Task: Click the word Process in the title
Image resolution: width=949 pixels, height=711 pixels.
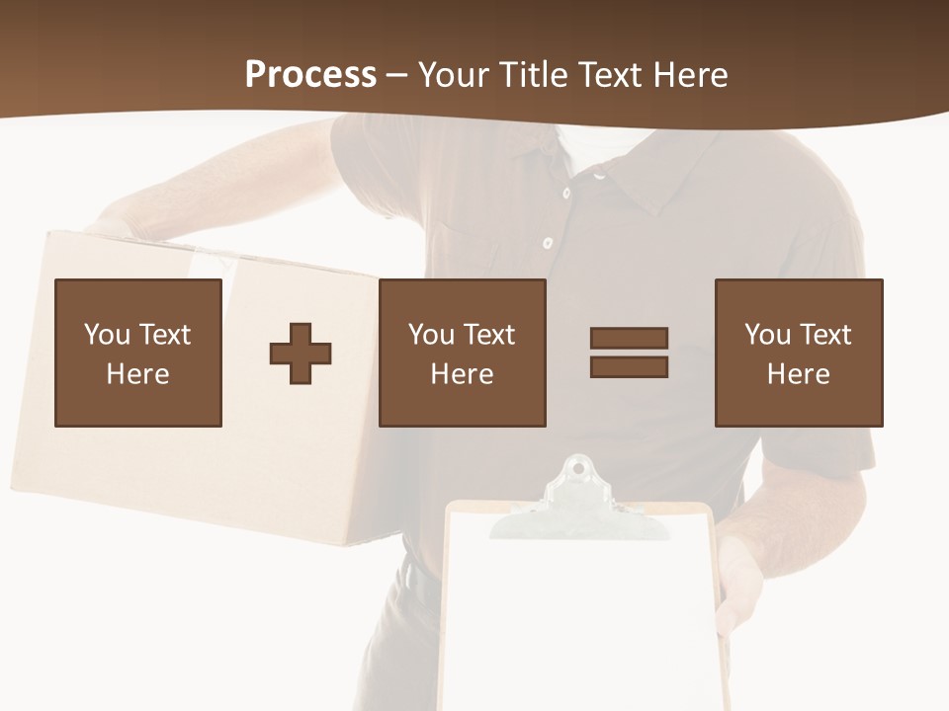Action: click(310, 74)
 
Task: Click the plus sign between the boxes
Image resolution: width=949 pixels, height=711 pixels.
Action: click(301, 354)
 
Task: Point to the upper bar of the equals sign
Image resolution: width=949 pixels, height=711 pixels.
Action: click(629, 338)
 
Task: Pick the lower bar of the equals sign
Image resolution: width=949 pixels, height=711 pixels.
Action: click(629, 367)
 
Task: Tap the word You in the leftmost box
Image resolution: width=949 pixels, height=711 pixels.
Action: click(106, 335)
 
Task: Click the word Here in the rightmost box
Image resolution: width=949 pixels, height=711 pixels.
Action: click(799, 374)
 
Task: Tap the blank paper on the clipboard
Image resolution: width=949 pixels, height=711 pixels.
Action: click(578, 622)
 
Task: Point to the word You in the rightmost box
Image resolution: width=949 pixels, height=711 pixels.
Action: click(767, 335)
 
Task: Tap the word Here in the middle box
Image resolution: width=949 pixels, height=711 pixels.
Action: click(463, 374)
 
